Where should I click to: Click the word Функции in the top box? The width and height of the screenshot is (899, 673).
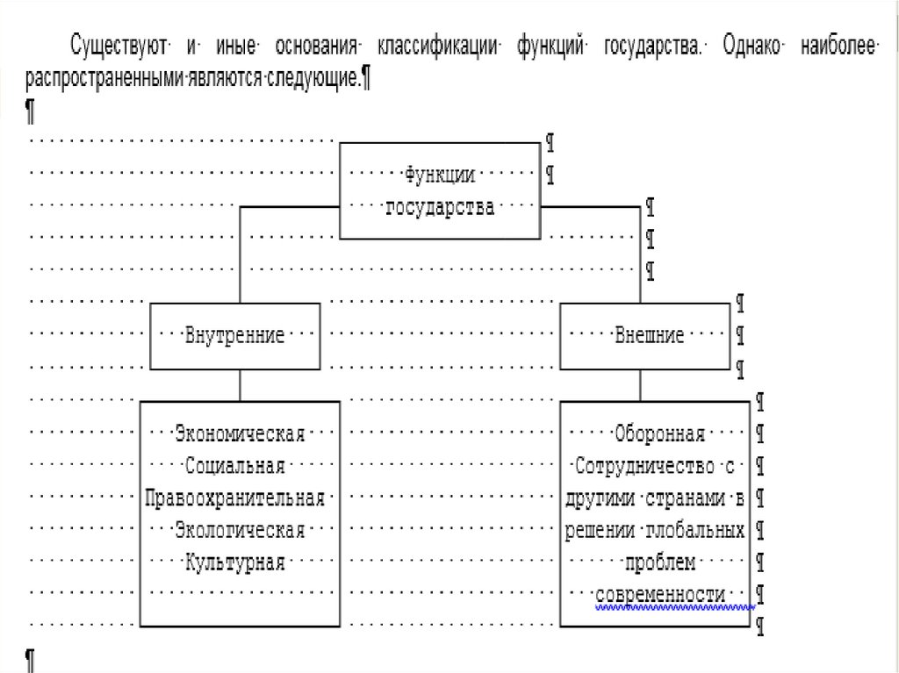[x=440, y=175]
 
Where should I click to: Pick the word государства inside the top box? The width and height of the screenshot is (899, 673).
[x=440, y=208]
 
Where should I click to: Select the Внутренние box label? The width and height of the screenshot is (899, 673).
[x=234, y=336]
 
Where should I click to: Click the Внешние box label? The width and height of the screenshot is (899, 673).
[x=650, y=336]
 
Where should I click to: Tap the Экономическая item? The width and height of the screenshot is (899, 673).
[x=240, y=433]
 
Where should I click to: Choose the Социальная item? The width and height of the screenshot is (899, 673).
[x=235, y=466]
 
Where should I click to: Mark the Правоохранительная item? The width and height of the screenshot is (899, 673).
[x=235, y=498]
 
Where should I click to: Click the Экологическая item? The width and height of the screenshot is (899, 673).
[x=240, y=530]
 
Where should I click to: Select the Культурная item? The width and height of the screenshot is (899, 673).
[x=235, y=562]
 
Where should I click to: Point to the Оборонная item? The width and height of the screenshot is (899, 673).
[x=660, y=433]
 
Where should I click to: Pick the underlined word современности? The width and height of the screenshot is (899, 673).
[x=660, y=595]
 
